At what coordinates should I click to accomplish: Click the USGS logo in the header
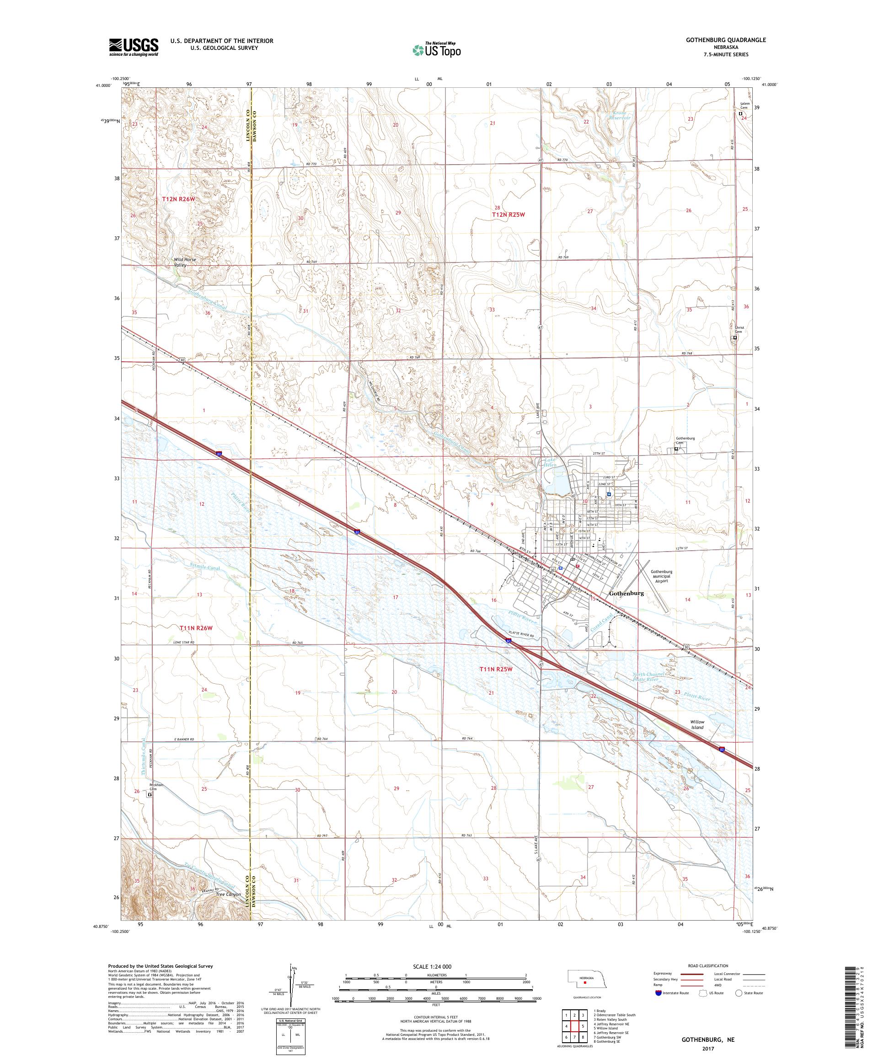click(134, 47)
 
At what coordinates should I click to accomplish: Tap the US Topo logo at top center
click(437, 49)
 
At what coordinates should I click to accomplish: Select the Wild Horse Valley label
click(185, 262)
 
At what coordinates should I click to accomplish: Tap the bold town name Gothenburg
click(626, 593)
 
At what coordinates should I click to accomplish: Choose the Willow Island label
click(697, 724)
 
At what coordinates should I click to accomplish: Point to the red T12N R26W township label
click(178, 199)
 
